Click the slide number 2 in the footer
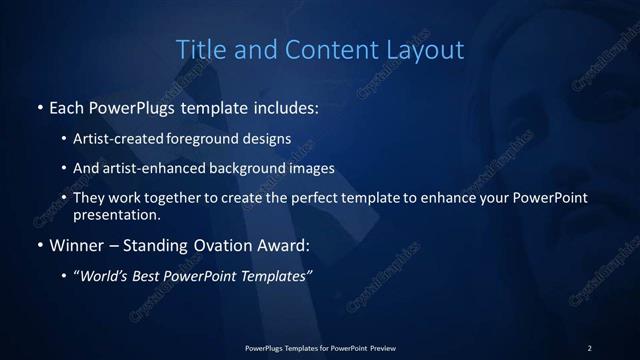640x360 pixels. [589, 347]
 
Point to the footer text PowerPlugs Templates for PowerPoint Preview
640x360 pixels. [320, 347]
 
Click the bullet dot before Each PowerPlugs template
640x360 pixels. [39, 106]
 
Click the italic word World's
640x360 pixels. [105, 276]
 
